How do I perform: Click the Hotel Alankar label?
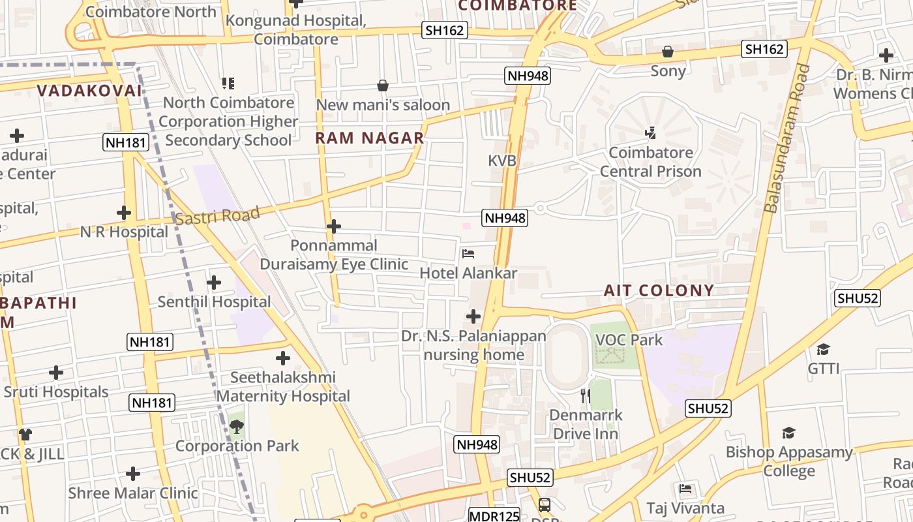coord(468,273)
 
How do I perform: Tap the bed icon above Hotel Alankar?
coord(468,254)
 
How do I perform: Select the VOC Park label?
coord(629,339)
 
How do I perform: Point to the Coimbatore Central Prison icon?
coord(650,133)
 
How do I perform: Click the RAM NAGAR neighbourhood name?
coord(370,138)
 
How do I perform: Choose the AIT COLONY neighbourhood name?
coord(659,290)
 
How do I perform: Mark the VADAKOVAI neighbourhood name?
coord(89,91)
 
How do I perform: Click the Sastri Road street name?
coord(218,216)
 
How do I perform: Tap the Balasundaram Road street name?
coord(788,138)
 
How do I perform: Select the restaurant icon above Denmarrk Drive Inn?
coord(585,395)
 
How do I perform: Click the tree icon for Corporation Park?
coord(236,427)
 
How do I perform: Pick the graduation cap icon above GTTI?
coord(824,349)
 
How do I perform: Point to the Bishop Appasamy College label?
coord(789,461)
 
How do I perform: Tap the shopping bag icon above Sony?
coord(668,52)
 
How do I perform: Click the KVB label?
coord(502,161)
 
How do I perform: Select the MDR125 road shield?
coord(494,515)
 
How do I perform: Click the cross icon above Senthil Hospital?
coord(214,283)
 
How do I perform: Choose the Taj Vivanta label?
coord(685,508)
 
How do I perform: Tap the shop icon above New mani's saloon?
coord(383,85)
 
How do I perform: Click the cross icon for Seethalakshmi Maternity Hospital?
coord(283,358)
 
